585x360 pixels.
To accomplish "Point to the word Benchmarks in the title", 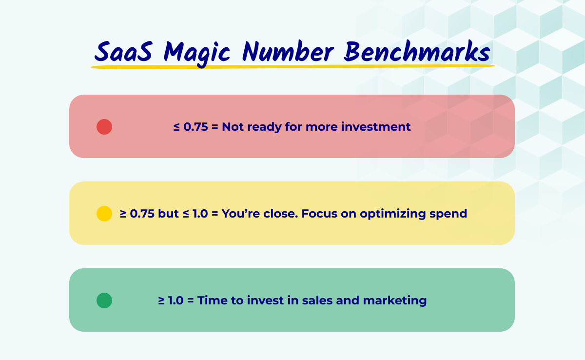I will [417, 51].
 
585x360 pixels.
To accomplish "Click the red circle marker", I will [104, 127].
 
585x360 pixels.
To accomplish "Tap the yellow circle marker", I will [104, 214].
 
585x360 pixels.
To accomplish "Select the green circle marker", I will [104, 300].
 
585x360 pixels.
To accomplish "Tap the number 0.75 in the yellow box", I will [142, 214].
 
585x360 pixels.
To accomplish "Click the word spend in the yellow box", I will [450, 214].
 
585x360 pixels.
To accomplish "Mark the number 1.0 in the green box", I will [176, 300].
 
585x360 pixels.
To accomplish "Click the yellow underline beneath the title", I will [292, 66].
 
